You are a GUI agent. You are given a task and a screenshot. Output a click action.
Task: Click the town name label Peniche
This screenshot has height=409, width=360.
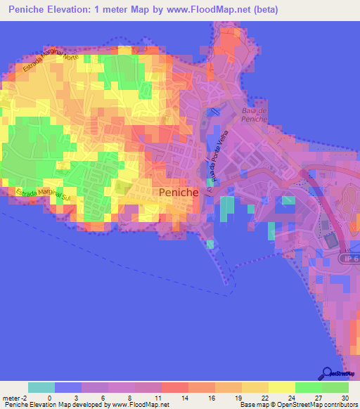(x=179, y=192)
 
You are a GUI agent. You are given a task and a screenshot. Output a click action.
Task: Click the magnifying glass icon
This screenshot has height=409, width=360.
(x=326, y=373)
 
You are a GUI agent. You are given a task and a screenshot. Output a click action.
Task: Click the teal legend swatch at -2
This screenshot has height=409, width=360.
(x=41, y=387)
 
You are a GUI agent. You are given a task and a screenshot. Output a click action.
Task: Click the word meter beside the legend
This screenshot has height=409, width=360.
(x=12, y=398)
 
